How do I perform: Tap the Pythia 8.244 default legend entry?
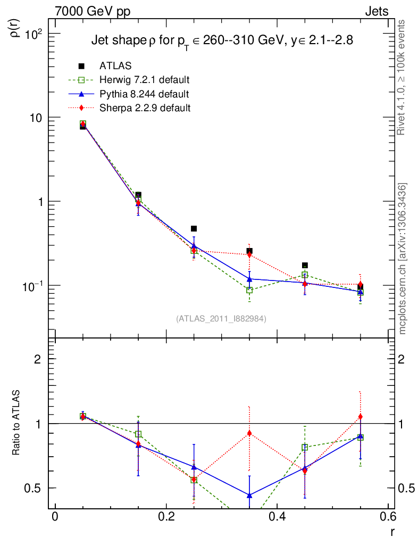(144, 94)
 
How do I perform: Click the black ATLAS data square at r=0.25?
(194, 229)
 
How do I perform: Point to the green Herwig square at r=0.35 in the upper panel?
(249, 291)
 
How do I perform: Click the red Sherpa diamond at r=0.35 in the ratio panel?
(249, 433)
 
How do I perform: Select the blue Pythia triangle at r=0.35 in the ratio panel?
(249, 495)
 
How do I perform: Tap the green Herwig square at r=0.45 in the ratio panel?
(305, 448)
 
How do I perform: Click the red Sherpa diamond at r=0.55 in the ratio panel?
(361, 417)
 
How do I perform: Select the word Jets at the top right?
(376, 11)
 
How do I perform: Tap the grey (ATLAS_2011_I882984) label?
(221, 319)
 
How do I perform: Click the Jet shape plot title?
(222, 40)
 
